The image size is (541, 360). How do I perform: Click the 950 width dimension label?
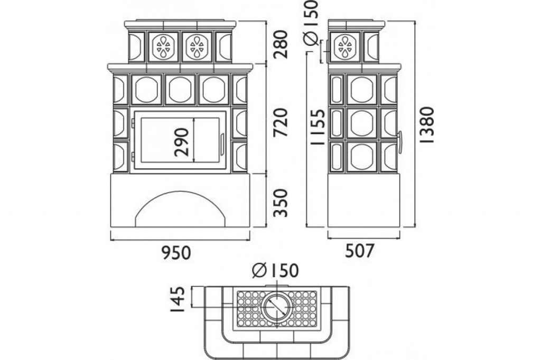(176, 252)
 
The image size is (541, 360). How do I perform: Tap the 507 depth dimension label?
(360, 251)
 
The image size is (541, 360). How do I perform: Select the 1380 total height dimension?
(427, 125)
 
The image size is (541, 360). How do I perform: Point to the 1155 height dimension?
(318, 127)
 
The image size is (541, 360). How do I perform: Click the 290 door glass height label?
(182, 142)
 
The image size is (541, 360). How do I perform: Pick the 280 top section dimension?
(280, 44)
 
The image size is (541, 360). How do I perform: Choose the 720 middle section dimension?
(280, 122)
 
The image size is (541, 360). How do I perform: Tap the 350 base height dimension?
(280, 203)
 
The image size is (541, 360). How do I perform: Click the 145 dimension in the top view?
(179, 299)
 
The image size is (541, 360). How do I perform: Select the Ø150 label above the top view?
(275, 271)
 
